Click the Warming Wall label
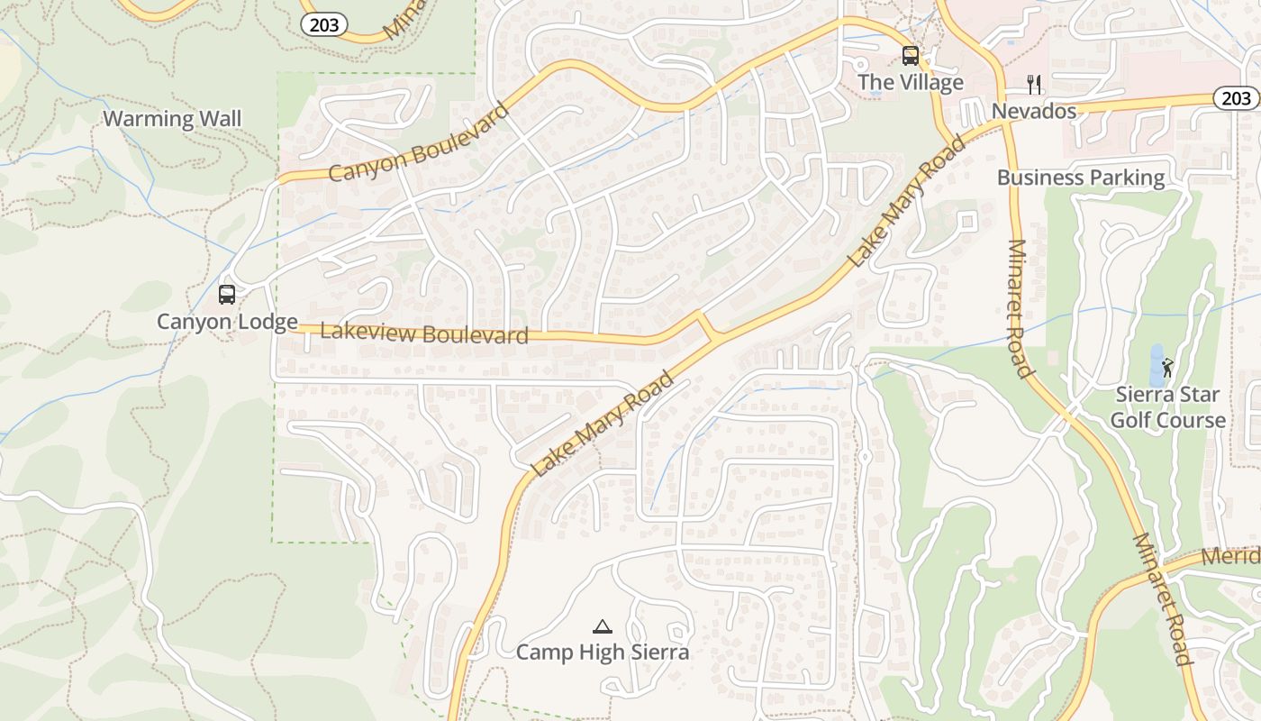tap(172, 119)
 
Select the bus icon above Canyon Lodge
tap(227, 295)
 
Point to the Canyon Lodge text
tap(227, 322)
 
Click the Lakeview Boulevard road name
tap(423, 333)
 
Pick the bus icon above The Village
tap(911, 56)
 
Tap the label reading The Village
tap(911, 83)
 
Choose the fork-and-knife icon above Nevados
tap(1034, 85)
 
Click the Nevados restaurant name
tap(1034, 111)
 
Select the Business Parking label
tap(1081, 178)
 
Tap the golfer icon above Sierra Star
tap(1168, 368)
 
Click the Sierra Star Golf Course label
tap(1167, 407)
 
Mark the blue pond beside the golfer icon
tap(1156, 366)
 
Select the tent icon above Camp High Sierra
tap(603, 626)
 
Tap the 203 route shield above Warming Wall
tap(324, 25)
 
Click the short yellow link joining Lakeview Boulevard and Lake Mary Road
tap(705, 325)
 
